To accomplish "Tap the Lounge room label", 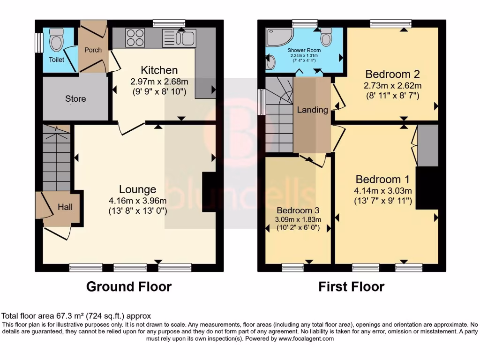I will [137, 189].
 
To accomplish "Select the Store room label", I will [75, 98].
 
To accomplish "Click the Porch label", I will [93, 50].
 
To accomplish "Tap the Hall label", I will [65, 207].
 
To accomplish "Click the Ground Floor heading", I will [129, 286].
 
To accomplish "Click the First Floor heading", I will [352, 286].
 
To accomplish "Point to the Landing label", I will [312, 110].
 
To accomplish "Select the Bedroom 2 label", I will [392, 74].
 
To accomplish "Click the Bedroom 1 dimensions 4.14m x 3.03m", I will [383, 191].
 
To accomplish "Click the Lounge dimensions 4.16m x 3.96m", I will [137, 201].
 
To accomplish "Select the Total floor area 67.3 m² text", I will [76, 316].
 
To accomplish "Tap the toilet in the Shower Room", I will [326, 36].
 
